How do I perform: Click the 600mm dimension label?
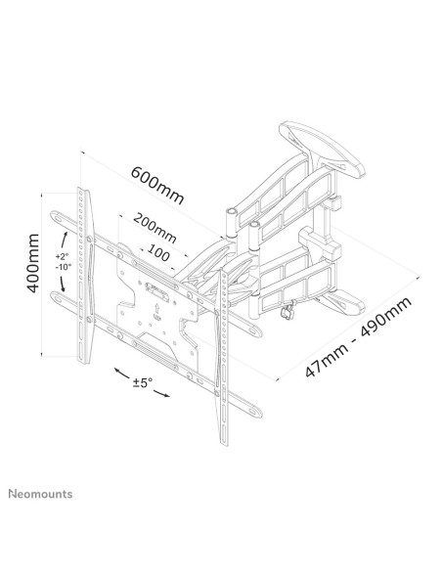coord(157,185)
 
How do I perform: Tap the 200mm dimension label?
coord(155,228)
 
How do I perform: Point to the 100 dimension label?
coord(158,252)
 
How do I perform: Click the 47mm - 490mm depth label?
coord(358,336)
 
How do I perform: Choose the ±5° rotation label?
coord(143,382)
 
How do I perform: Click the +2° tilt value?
coord(63,256)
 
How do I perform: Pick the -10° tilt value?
coord(64,267)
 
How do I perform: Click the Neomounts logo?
coord(40,494)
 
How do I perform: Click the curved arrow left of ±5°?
coord(122,373)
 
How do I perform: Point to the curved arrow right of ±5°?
coord(161,393)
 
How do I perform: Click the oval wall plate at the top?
coord(322,150)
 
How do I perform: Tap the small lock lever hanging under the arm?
coord(287,310)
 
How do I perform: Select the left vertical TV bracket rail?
coord(85,276)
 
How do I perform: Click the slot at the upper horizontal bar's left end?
coord(58,218)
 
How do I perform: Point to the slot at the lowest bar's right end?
coord(254,412)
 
